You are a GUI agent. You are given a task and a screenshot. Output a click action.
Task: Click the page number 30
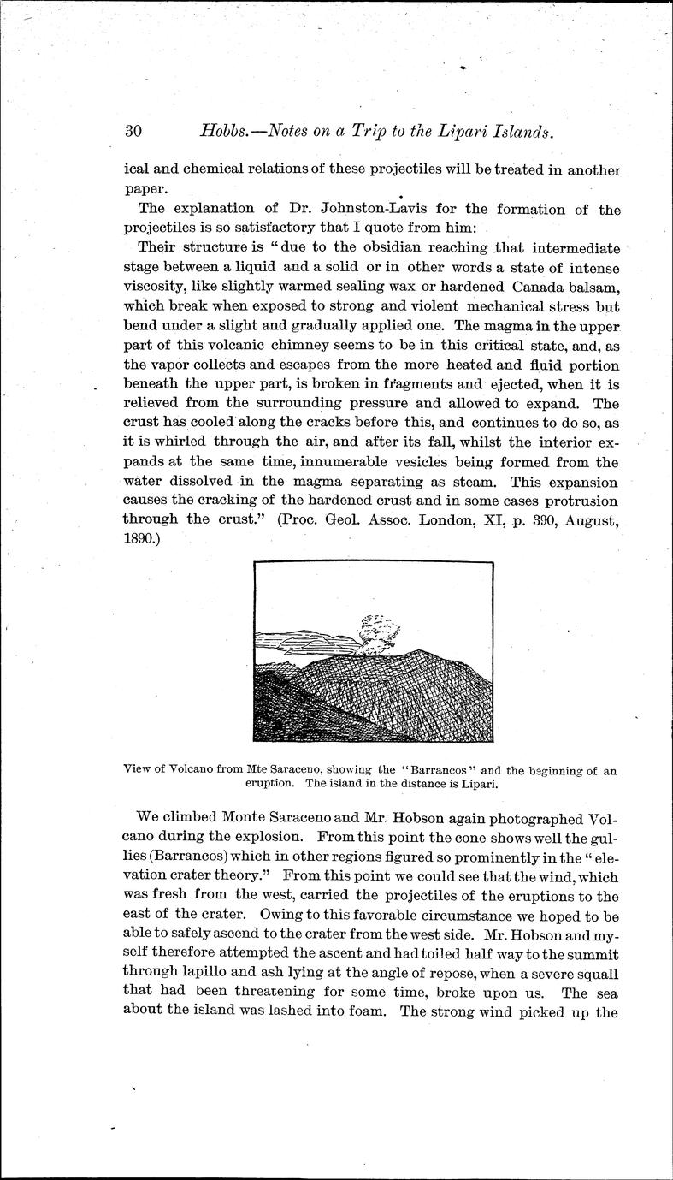133,131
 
